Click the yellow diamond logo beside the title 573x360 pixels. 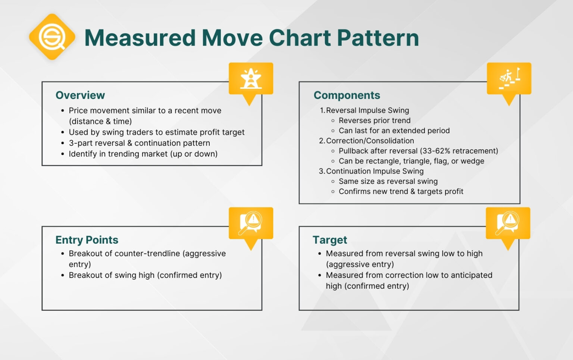pos(52,37)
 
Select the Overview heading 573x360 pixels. pos(80,95)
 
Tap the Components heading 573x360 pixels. pos(347,95)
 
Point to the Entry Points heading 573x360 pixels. pos(87,240)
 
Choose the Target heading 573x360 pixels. pos(330,240)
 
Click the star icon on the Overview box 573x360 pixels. pos(251,78)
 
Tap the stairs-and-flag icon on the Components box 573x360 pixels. pos(509,78)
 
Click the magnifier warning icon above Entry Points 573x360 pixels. pos(251,223)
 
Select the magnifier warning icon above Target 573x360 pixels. pos(508,223)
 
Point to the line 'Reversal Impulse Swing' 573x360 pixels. pos(367,110)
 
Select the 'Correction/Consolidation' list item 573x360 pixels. pos(370,141)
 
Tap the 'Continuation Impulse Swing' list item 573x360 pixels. pos(375,171)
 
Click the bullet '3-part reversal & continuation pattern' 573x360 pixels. pos(139,143)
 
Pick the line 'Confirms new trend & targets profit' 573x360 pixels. pos(401,191)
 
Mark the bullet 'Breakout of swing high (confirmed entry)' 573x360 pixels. pos(145,275)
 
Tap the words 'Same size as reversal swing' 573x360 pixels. pos(388,181)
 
